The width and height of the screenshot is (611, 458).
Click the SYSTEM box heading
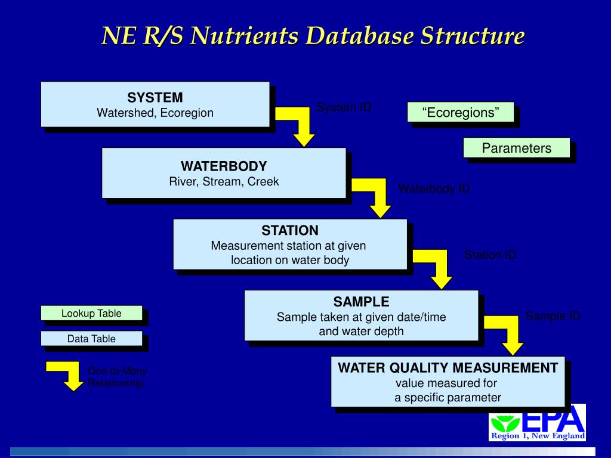coord(155,98)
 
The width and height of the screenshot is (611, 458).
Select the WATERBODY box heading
coord(224,166)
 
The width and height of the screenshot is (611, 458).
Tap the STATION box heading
coord(290,230)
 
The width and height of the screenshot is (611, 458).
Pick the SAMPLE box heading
coord(361,302)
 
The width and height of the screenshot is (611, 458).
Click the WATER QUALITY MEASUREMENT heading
coord(448,367)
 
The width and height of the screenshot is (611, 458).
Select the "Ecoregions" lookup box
coord(460,112)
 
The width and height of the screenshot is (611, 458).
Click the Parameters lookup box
coord(517,148)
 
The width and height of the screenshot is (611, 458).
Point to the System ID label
coord(344,107)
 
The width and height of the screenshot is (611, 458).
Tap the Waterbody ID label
coord(434,188)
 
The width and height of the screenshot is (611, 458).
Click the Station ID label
coord(490,255)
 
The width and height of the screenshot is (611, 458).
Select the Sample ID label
coord(553,316)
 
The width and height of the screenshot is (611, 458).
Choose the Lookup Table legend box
coord(91,313)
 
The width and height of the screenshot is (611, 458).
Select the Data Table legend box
coord(91,339)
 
